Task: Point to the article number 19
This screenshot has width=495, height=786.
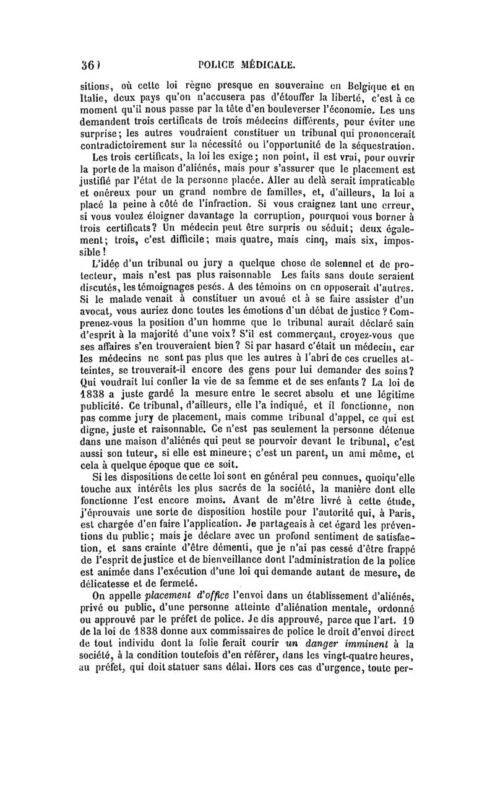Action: [421, 624]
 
